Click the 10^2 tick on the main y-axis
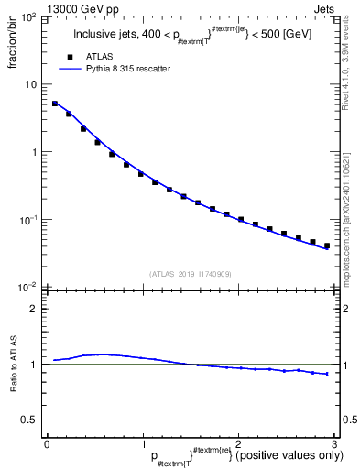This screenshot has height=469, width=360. click(29, 17)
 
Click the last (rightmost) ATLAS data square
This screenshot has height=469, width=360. click(327, 245)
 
